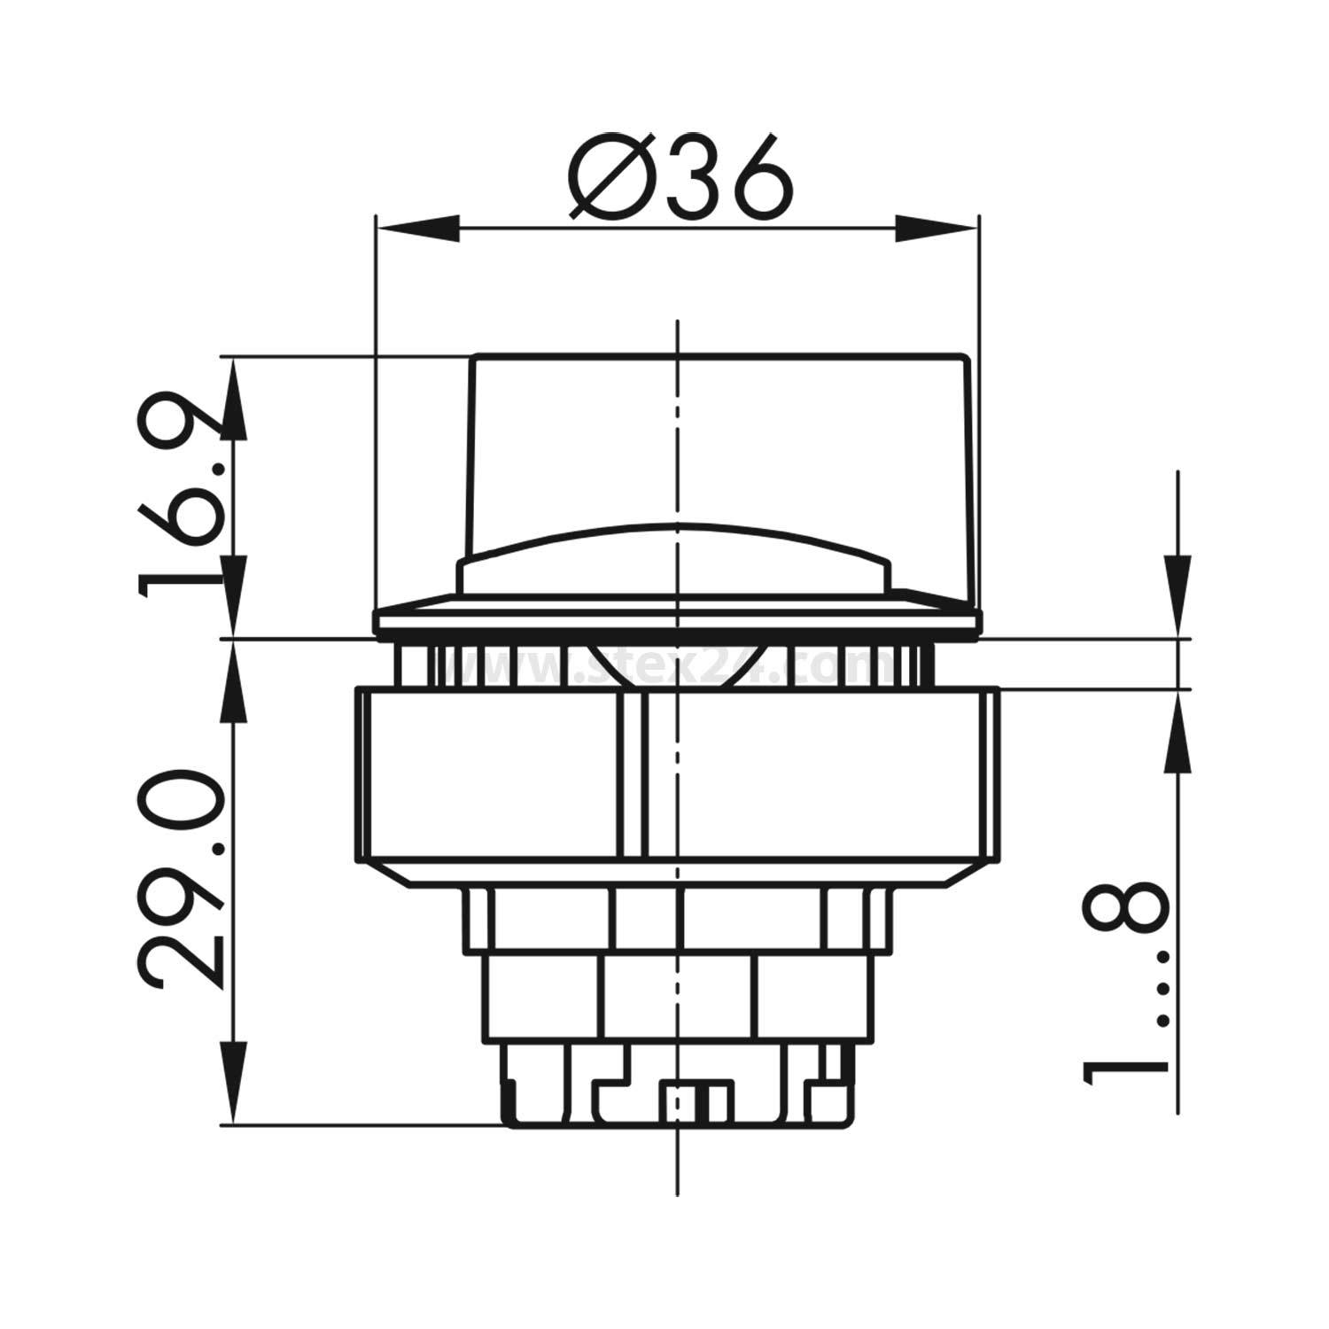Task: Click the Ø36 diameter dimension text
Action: click(x=678, y=177)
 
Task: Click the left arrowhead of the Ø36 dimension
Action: click(x=416, y=229)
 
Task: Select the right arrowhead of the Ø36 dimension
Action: click(x=939, y=229)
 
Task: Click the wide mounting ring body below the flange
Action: click(x=496, y=775)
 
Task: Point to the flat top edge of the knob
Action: click(x=718, y=356)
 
